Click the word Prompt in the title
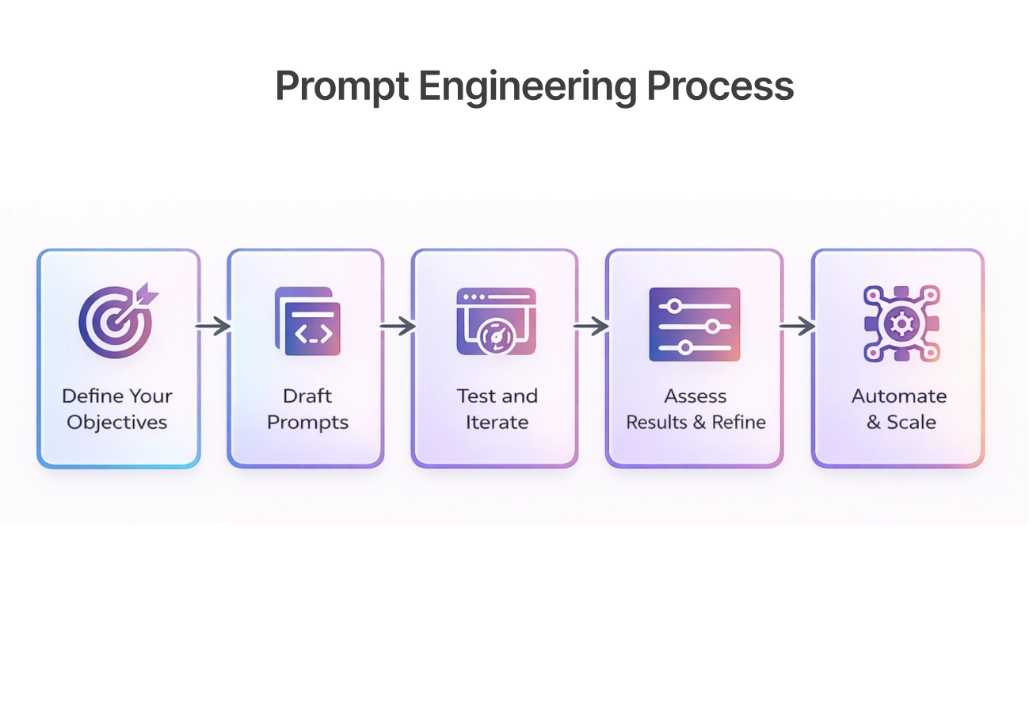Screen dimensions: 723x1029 click(x=341, y=86)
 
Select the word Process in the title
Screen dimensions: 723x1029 click(x=720, y=86)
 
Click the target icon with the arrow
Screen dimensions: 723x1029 click(x=116, y=322)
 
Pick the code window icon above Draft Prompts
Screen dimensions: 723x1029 click(x=307, y=321)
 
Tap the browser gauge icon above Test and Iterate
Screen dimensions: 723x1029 click(x=497, y=321)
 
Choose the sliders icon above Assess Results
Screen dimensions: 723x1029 click(x=695, y=324)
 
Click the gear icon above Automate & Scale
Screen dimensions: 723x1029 click(x=900, y=324)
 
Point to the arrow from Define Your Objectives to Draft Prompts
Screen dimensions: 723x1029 click(x=213, y=326)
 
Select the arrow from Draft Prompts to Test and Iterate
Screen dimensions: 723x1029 click(x=398, y=326)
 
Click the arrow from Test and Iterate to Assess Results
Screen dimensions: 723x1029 click(x=591, y=326)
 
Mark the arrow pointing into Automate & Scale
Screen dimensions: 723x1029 click(x=797, y=326)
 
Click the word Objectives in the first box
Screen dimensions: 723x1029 click(x=117, y=423)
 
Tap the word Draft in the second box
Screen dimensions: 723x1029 click(x=307, y=396)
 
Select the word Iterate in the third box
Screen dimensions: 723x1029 click(x=497, y=423)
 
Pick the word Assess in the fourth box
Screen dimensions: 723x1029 click(x=696, y=396)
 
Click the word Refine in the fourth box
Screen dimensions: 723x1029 click(x=738, y=423)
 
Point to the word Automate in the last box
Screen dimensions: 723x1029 click(x=899, y=396)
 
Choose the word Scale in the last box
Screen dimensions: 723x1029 click(x=912, y=423)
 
